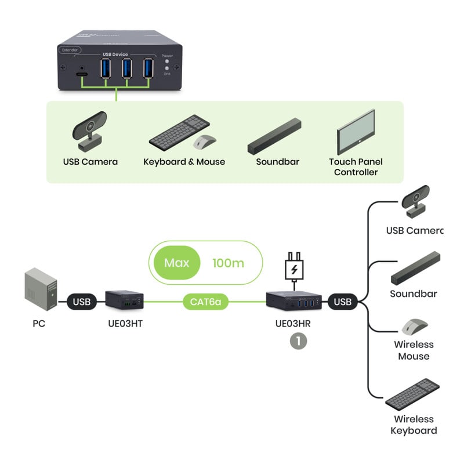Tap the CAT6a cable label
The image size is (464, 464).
tap(206, 302)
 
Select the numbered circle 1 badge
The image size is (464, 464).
tap(298, 340)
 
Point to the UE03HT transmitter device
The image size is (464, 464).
tap(124, 299)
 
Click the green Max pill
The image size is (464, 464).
tap(177, 263)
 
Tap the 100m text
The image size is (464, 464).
tap(228, 263)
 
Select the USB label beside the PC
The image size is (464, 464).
tap(82, 302)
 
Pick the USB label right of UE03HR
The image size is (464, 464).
tap(343, 302)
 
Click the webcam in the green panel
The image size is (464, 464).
tap(90, 130)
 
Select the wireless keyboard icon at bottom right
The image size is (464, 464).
tap(412, 393)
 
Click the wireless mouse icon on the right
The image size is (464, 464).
tap(414, 326)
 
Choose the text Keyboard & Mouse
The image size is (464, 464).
tap(184, 162)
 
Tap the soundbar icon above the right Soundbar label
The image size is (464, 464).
tap(416, 269)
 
